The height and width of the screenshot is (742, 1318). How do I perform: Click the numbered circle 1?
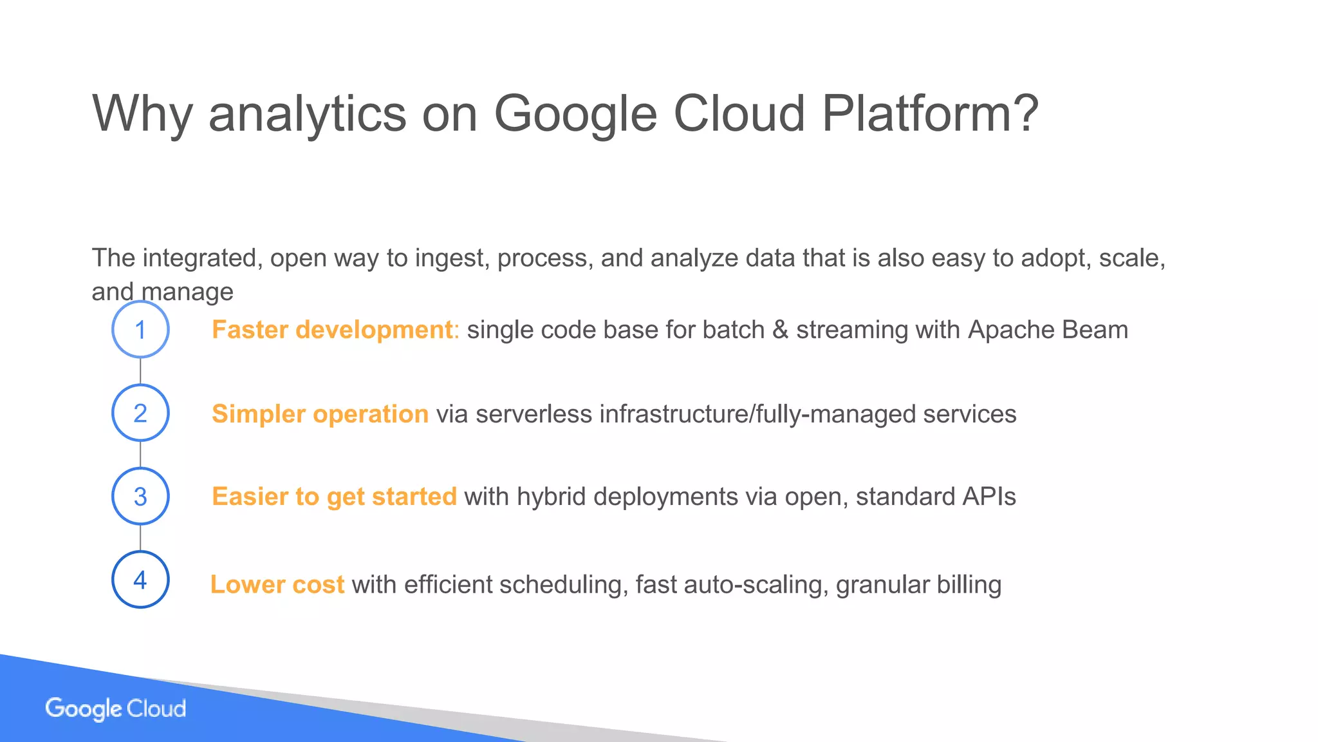140,330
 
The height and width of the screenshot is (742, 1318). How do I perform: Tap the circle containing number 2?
140,413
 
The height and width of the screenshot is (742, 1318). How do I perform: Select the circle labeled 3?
140,497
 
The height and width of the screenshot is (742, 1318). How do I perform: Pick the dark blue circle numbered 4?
140,580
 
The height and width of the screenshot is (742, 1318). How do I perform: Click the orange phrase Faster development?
332,330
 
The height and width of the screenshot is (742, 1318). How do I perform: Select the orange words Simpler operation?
320,414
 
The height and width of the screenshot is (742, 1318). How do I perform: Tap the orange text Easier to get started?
334,497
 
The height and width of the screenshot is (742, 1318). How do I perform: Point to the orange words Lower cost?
277,585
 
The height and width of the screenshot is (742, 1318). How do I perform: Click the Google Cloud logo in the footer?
116,709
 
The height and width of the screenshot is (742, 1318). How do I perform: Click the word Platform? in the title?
930,114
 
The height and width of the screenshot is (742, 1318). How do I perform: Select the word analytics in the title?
307,114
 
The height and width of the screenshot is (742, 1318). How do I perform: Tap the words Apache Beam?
1048,330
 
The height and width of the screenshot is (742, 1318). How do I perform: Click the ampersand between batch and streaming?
779,330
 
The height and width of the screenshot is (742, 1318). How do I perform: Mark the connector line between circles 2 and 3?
140,455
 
